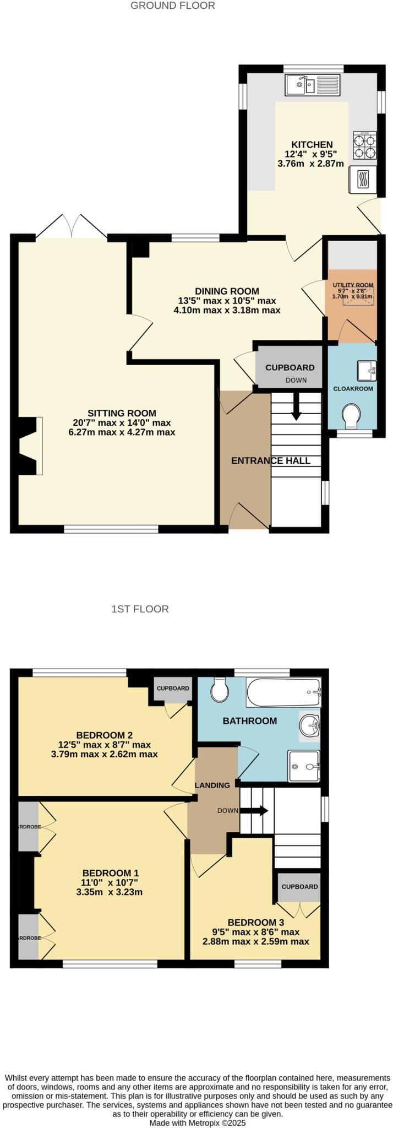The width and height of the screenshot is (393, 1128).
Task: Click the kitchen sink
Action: (313, 85)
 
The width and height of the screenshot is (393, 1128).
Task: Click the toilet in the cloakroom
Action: (351, 416)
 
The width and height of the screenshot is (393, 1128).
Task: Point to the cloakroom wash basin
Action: (366, 371)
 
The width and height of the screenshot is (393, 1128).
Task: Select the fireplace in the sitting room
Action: (31, 446)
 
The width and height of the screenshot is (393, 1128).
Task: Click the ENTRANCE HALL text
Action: (270, 460)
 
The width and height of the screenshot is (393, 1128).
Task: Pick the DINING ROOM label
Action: (227, 291)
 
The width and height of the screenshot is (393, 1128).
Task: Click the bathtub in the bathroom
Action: (283, 692)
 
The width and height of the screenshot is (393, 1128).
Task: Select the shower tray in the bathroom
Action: (303, 766)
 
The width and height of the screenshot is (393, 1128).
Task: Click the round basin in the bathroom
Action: (309, 725)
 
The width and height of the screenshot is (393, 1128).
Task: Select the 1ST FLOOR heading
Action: (140, 609)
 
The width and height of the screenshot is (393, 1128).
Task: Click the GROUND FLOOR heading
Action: (173, 6)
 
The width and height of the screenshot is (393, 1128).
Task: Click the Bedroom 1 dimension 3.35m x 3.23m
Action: (110, 892)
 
